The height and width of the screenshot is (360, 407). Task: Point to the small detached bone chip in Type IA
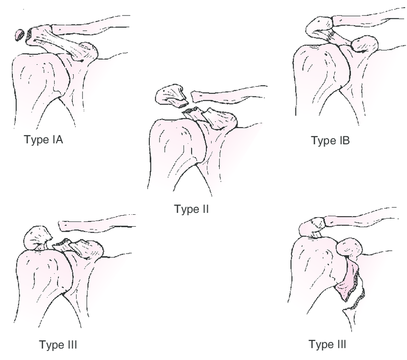coord(20,35)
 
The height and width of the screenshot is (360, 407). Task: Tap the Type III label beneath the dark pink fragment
coord(328,344)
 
